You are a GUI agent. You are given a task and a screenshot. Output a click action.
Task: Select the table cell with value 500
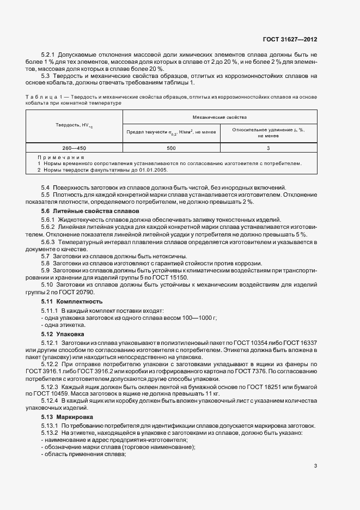pyautogui.click(x=171, y=148)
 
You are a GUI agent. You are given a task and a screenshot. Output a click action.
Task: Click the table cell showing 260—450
pyautogui.click(x=74, y=148)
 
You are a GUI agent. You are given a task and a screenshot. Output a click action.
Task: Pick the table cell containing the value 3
pyautogui.click(x=269, y=148)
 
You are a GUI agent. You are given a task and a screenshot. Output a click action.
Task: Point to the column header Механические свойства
pyautogui.click(x=220, y=117)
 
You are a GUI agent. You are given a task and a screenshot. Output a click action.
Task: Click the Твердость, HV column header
pyautogui.click(x=74, y=126)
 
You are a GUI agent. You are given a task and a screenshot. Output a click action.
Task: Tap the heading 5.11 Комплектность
pyautogui.click(x=72, y=301)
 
